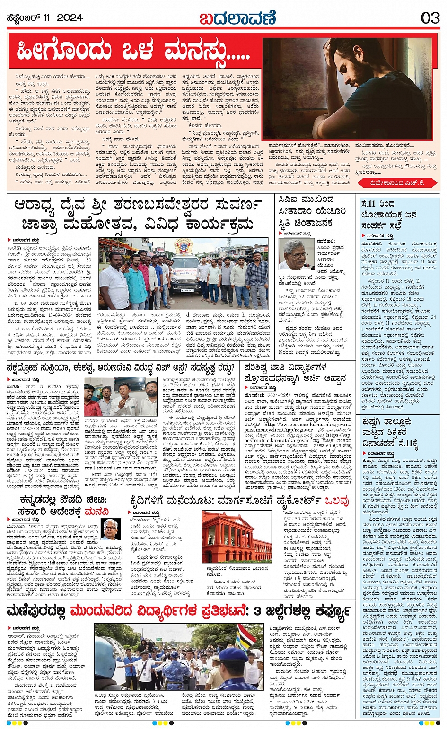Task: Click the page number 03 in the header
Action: pyautogui.click(x=429, y=18)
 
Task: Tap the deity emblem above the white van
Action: pyautogui.click(x=184, y=246)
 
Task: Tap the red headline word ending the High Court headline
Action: pyautogui.click(x=338, y=501)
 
